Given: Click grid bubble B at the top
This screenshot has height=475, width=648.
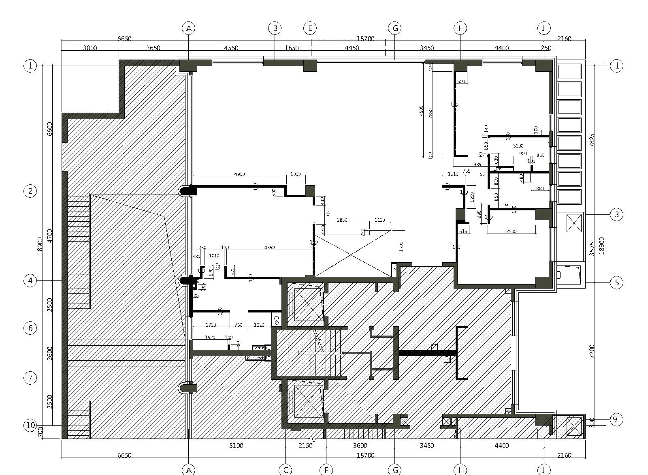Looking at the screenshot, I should coord(275,28).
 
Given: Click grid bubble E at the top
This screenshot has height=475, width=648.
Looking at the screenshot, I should coord(310,28).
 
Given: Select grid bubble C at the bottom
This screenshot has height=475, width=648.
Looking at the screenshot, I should coord(286,470).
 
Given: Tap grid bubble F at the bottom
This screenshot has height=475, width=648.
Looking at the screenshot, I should coord(326,470).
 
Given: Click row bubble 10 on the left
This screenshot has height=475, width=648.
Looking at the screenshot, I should coord(31,425).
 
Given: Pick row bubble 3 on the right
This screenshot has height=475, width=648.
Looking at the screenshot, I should coord(616,214).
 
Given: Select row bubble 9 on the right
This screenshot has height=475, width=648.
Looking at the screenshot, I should coord(615,419).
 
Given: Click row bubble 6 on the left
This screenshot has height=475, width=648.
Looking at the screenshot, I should coord(30,328).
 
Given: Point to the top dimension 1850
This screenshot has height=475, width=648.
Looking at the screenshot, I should coord(292,48).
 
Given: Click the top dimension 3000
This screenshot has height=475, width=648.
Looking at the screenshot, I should coord(90,48).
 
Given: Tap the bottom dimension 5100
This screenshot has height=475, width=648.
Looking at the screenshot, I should coord(236,446).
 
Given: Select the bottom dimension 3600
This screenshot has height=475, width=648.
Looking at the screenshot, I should coord(360,446).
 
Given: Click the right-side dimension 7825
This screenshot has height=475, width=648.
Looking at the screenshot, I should coord(592,140).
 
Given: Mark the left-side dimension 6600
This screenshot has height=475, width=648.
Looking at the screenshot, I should coord(50,129).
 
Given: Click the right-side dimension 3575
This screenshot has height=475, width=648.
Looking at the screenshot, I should coord(592,248).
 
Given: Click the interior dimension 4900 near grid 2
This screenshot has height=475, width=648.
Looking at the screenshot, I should coord(239,174).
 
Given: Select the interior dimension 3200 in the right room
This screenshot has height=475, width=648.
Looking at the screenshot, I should coord(518,146).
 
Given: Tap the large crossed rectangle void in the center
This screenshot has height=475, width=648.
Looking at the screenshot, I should coord(353,254).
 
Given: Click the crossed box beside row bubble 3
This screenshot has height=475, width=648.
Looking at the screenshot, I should coord(573,223).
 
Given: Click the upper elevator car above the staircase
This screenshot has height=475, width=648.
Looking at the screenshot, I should coord(308,304).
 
